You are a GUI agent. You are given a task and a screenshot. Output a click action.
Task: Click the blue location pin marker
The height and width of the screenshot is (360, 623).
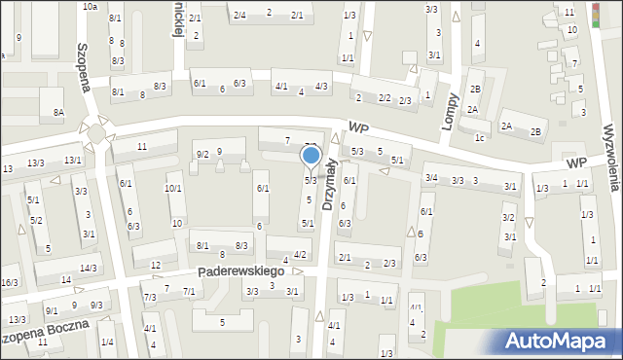coord(311,156)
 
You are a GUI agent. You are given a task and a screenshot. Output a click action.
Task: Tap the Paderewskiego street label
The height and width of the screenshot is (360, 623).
coord(239,271)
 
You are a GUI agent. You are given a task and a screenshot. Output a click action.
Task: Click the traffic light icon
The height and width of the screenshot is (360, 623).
coord(597,15)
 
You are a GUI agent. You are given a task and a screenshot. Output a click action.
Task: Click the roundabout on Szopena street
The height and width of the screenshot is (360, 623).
coord(95,130)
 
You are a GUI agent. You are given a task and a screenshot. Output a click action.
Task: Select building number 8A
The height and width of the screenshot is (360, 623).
coord(58,113)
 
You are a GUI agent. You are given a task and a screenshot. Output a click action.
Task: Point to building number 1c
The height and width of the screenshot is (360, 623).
coord(480,137)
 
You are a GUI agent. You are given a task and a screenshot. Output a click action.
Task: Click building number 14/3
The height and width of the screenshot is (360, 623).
coord(89,268)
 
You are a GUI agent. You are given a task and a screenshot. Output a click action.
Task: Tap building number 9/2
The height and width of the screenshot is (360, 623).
coord(202,155)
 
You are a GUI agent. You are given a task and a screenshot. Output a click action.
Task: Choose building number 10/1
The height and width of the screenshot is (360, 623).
coord(172,188)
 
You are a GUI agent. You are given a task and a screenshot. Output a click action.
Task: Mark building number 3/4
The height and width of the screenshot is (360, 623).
coord(430,177)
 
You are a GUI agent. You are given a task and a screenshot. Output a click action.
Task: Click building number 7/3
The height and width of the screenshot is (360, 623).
coord(150,297)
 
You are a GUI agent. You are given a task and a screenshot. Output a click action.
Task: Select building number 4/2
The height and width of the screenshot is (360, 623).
coord(300,255)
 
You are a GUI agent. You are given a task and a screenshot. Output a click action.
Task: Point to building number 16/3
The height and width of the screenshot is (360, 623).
coord(10,283)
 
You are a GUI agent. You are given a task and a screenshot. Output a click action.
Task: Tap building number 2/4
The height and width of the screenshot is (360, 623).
coord(238,15)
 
